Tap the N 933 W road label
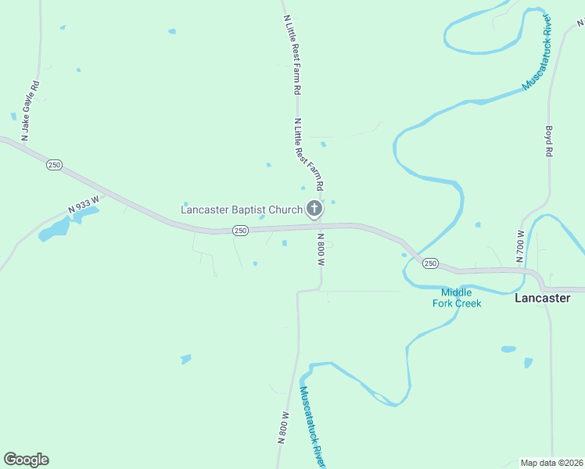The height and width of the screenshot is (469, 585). pos(84,205)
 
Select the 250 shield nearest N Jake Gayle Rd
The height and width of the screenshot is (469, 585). pos(54,165)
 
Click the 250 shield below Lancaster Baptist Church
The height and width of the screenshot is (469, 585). pos(240,231)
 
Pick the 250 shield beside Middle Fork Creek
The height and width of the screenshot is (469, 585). pos(430,263)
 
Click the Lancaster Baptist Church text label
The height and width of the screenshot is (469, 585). pos(241,209)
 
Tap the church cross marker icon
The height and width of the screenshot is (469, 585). pos(314,208)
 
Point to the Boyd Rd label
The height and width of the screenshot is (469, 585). pos(549,141)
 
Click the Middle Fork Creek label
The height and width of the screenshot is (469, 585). pos(457,298)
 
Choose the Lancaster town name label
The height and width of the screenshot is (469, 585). pos(542,298)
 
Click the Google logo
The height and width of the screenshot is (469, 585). pos(26,460)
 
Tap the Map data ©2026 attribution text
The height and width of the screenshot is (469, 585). pos(551,463)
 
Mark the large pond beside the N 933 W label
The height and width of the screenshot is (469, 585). pos(54,230)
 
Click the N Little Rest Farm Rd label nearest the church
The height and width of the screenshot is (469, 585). pos(307,155)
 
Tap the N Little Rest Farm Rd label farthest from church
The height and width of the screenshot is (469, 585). pos(291,48)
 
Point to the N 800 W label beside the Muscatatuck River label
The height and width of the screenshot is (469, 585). pos(283,428)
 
